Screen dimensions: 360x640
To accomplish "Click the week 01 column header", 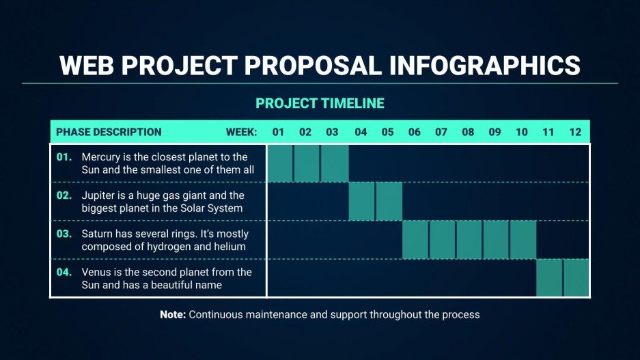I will (x=278, y=132).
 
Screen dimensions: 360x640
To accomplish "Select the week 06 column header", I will (x=414, y=132).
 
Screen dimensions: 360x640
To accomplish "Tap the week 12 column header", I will (x=575, y=132).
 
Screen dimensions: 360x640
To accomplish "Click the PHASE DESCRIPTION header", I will (x=109, y=132).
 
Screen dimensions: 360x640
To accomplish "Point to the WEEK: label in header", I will (x=241, y=132).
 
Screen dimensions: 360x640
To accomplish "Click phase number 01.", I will (x=64, y=157).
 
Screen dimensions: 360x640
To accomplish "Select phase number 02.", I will (x=64, y=195).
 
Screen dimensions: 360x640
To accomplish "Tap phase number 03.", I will (x=64, y=234).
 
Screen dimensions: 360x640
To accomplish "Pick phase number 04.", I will (x=64, y=272).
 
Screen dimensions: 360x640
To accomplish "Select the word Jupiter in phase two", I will (x=98, y=195).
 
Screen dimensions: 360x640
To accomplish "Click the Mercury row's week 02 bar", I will (x=307, y=163).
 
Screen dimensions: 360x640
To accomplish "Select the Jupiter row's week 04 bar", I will (x=361, y=202).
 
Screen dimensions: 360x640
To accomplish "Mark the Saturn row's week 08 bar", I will (x=469, y=240).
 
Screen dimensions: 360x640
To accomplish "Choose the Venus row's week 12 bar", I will (x=576, y=278).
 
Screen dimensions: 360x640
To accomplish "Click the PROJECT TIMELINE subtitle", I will (x=320, y=104).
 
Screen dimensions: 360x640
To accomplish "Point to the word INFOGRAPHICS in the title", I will (x=484, y=66).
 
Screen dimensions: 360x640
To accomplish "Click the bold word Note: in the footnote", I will (x=173, y=315).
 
